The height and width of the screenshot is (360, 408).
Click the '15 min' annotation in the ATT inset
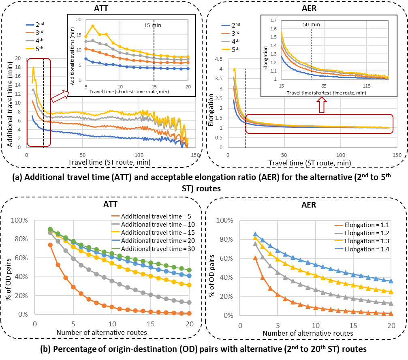(153, 25)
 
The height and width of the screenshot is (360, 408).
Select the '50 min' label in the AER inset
(311, 25)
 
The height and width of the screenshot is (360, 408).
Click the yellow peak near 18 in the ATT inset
(93, 26)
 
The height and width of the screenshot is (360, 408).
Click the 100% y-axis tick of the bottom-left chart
(19, 221)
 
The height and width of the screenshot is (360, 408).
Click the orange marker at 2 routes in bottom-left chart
(50, 245)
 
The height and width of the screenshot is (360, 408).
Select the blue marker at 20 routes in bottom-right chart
(391, 281)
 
